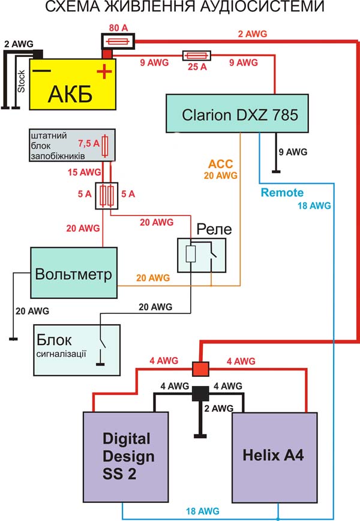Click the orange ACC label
pyautogui.click(x=220, y=163)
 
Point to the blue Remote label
pyautogui.click(x=282, y=193)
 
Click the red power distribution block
pyautogui.click(x=199, y=367)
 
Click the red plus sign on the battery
pyautogui.click(x=103, y=73)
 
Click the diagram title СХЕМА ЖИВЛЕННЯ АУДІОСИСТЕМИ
pyautogui.click(x=179, y=8)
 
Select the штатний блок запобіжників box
pyautogui.click(x=73, y=144)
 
